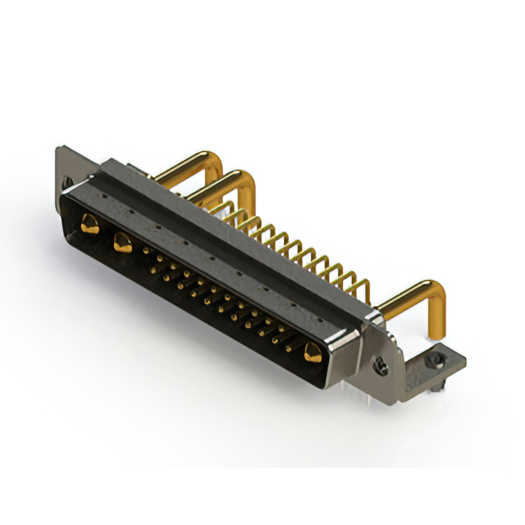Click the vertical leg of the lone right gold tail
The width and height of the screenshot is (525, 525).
point(441,316)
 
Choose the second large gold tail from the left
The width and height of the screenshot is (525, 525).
point(217,180)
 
